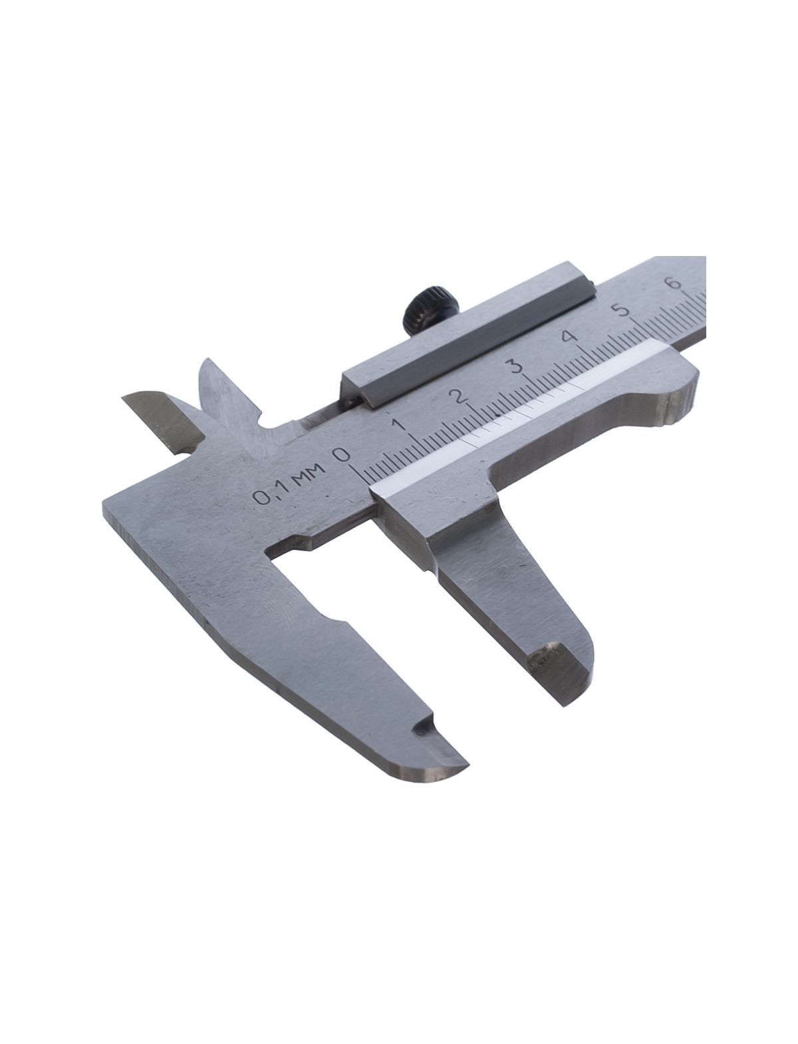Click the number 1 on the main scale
(x=402, y=424)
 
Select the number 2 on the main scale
(x=460, y=396)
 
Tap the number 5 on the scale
(x=620, y=311)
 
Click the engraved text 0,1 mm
(x=290, y=482)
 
